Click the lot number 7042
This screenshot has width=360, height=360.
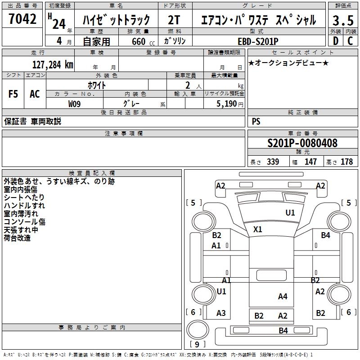[x=22, y=18]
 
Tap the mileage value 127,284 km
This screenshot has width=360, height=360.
[x=53, y=65]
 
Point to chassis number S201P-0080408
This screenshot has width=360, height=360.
[x=302, y=144]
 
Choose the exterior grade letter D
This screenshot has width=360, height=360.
[x=335, y=40]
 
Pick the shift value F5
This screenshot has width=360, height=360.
[x=13, y=94]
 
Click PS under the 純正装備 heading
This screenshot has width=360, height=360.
[x=256, y=121]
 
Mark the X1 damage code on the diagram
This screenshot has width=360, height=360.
[x=257, y=229]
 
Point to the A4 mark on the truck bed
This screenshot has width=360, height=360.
[x=283, y=296]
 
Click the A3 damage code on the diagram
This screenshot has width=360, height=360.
[x=221, y=313]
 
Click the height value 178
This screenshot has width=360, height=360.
[x=346, y=162]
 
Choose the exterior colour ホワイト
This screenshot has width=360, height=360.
[x=96, y=85]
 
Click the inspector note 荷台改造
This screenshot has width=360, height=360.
[x=17, y=238]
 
